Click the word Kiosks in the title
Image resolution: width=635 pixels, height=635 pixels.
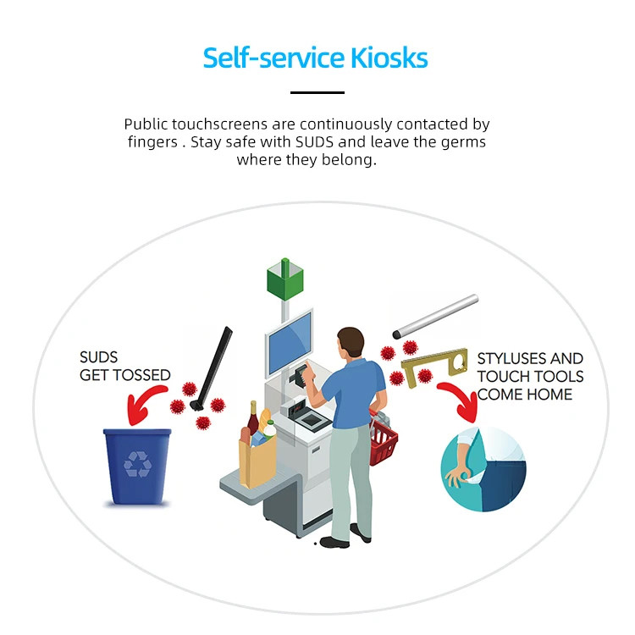point(389,58)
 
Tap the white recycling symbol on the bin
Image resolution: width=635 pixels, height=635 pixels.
point(138,464)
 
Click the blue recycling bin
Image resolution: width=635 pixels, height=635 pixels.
point(137,467)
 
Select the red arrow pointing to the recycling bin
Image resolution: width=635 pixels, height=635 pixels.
point(144,403)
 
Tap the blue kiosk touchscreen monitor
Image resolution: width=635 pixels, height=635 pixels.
point(290,343)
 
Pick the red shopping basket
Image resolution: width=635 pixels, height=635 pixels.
point(383,439)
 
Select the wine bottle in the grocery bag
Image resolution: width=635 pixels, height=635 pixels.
point(253,418)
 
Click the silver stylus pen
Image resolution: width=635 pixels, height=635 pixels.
point(435,317)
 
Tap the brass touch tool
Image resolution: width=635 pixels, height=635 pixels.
point(434,367)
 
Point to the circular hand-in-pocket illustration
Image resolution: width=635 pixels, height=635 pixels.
point(483,468)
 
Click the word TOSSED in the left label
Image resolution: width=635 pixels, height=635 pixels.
point(142,375)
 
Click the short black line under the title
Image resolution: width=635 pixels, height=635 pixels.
point(317,93)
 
